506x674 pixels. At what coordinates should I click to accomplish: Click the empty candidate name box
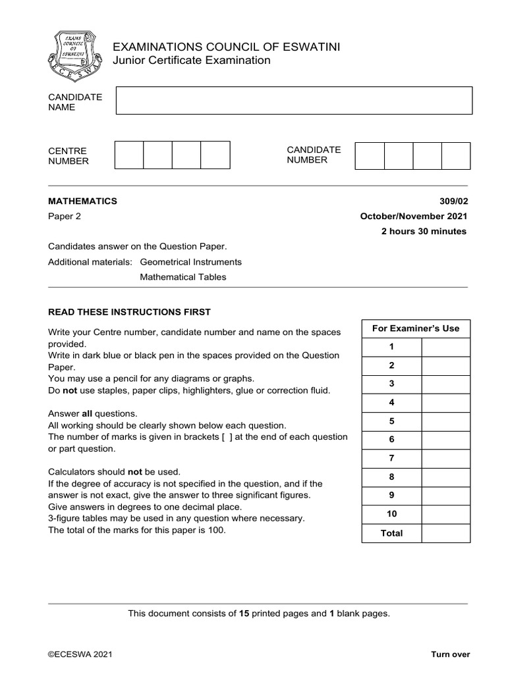(x=294, y=101)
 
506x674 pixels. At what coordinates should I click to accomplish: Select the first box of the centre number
(x=129, y=155)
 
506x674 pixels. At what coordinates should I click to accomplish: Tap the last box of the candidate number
(x=456, y=155)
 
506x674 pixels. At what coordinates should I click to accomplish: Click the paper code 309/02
(x=453, y=201)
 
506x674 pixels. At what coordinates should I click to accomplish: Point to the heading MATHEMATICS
(x=82, y=201)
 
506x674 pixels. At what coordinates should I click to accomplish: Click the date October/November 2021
(x=414, y=217)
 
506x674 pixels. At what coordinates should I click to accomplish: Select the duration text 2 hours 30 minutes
(x=424, y=232)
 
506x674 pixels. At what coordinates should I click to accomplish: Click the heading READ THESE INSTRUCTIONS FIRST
(x=129, y=312)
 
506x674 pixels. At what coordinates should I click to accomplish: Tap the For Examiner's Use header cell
(x=416, y=328)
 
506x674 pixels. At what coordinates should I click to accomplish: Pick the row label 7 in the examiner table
(x=391, y=458)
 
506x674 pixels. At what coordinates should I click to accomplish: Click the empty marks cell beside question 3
(x=445, y=384)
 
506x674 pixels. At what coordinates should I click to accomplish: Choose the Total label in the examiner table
(x=391, y=533)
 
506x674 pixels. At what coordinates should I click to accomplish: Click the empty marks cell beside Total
(x=445, y=533)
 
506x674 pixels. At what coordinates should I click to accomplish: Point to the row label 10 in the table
(x=391, y=514)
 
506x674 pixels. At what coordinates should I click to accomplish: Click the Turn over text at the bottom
(x=450, y=654)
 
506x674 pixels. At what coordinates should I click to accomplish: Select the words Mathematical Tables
(x=183, y=277)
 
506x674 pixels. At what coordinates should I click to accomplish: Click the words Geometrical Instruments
(x=190, y=262)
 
